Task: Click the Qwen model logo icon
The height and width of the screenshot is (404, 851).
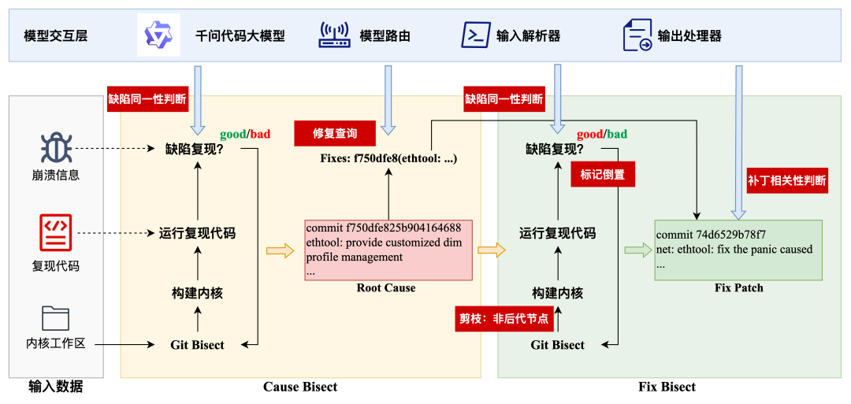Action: (158, 35)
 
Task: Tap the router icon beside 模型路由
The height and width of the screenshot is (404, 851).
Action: (334, 35)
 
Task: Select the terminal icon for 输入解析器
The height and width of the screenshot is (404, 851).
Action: (473, 35)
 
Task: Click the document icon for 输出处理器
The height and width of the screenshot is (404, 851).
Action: (637, 35)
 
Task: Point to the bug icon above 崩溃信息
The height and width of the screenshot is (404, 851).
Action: (56, 148)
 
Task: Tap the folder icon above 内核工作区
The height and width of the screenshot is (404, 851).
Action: (56, 317)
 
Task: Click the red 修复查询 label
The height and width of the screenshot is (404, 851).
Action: (335, 133)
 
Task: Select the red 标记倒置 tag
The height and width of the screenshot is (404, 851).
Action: (603, 175)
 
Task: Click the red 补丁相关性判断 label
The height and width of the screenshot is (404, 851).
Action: (787, 180)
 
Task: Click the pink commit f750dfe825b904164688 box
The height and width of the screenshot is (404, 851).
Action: (388, 250)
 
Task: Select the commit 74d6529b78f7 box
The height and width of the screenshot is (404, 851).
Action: (738, 250)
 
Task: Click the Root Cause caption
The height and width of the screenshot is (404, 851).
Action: (385, 288)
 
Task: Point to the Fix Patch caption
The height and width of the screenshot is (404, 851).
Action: (738, 288)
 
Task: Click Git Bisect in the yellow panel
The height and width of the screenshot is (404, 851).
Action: (197, 345)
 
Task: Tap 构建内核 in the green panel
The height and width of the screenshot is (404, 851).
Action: (557, 293)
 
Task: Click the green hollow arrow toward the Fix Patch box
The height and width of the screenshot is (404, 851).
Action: (635, 250)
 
